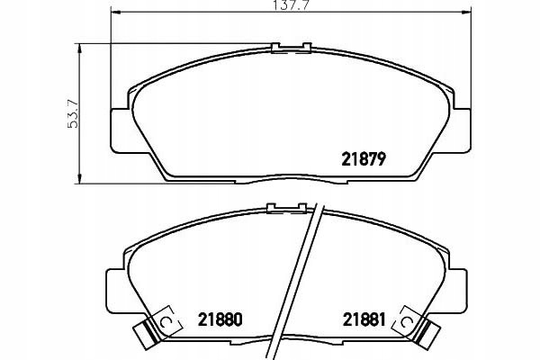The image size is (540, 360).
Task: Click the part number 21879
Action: point(363,159)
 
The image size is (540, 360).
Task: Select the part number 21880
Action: point(220,319)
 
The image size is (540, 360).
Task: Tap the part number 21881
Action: point(364,319)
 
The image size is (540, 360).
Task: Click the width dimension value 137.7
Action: point(290,5)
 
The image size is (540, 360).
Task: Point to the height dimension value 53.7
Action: point(73,113)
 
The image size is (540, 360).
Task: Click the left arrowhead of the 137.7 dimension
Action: point(115,13)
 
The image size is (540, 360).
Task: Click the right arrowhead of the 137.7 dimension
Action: point(466,13)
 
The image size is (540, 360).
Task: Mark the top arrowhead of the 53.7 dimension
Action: point(80,49)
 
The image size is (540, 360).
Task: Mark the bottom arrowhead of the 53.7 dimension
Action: point(80,178)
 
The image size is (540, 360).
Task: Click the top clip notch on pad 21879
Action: point(292,48)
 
